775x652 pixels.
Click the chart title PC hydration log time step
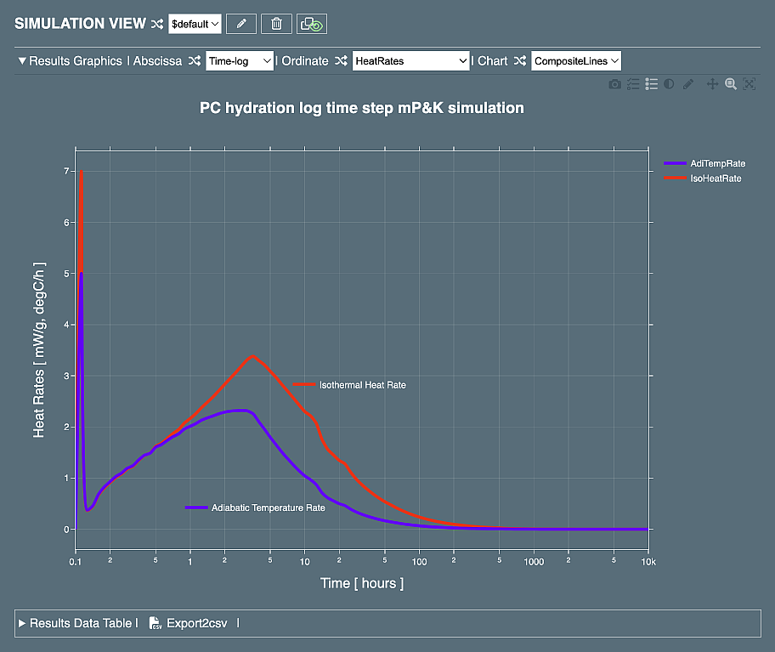click(361, 108)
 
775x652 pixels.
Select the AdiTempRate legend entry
click(717, 163)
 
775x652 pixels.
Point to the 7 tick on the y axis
click(65, 171)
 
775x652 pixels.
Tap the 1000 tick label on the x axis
click(534, 563)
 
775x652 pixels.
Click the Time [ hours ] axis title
click(361, 583)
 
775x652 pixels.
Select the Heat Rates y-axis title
click(39, 349)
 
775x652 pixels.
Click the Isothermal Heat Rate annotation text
click(362, 385)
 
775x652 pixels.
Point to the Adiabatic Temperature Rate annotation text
click(268, 507)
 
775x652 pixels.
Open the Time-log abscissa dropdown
click(240, 61)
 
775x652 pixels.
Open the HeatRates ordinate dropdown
click(411, 61)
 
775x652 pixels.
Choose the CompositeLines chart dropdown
click(576, 61)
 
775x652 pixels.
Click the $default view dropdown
click(195, 24)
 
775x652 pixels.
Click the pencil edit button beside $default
click(241, 24)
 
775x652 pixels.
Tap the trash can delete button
click(276, 24)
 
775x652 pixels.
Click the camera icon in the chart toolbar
click(614, 84)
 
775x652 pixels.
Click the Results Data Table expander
click(75, 623)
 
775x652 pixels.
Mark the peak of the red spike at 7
click(81, 172)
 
